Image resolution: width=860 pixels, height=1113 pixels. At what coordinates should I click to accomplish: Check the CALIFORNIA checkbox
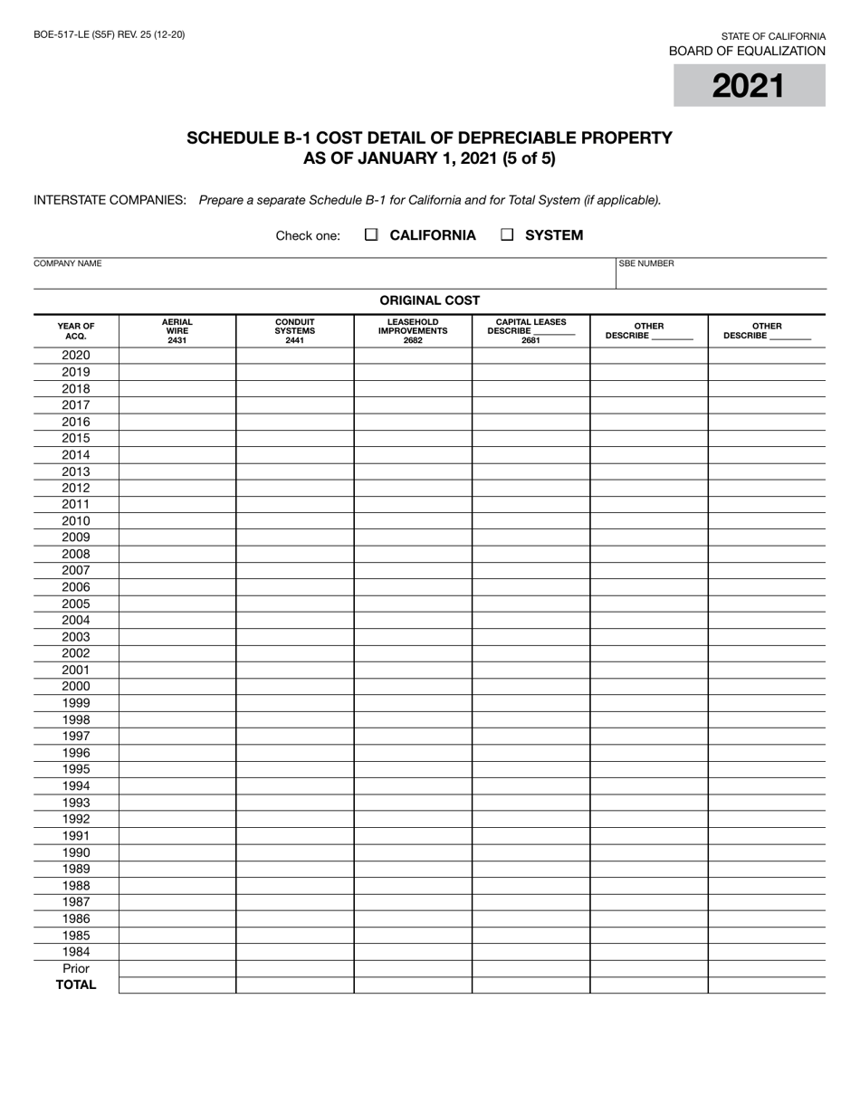click(x=371, y=235)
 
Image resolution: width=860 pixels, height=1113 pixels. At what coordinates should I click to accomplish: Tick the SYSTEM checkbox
click(x=507, y=235)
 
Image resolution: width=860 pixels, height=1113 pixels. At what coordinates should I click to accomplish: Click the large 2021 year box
click(x=749, y=86)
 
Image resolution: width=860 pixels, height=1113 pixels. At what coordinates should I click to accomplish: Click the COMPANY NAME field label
click(x=67, y=264)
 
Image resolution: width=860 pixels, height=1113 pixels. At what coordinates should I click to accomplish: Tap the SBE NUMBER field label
click(x=646, y=264)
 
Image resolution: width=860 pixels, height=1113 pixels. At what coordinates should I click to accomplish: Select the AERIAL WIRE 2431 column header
click(x=177, y=331)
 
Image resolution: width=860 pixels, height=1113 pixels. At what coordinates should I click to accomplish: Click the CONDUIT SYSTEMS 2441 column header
click(x=295, y=331)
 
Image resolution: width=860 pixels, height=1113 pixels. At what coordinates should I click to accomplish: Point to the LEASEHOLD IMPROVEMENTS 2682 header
click(x=413, y=331)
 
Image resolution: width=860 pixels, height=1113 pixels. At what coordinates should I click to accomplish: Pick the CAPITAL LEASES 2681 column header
click(x=530, y=331)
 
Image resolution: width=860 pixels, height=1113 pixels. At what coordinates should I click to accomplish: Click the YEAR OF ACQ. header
click(x=76, y=331)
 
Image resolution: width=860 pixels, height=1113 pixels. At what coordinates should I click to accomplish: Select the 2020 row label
click(x=76, y=356)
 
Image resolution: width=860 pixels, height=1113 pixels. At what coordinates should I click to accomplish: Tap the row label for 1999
click(x=76, y=703)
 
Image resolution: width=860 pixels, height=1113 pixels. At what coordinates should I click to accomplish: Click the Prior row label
click(x=76, y=968)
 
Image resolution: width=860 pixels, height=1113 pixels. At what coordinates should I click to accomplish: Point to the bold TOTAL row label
click(x=76, y=985)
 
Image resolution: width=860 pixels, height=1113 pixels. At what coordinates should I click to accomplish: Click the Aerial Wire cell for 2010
click(x=177, y=521)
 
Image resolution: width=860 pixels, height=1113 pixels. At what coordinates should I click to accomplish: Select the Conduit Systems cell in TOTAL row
click(x=295, y=985)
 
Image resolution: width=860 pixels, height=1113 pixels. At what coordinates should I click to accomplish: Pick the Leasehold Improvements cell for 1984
click(x=413, y=952)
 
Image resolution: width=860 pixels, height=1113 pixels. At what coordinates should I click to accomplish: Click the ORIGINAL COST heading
click(x=429, y=301)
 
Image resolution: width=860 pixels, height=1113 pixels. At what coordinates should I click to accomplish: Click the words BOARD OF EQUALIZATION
click(x=747, y=52)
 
